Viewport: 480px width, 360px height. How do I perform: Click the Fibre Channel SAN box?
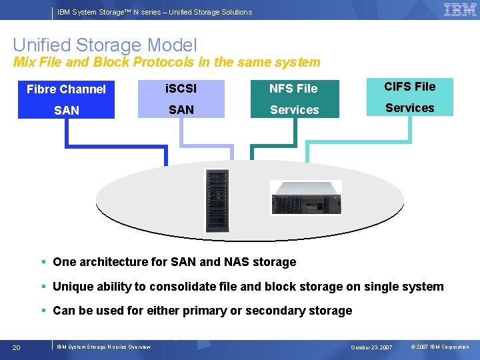(x=66, y=99)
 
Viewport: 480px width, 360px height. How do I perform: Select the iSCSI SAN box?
(x=181, y=99)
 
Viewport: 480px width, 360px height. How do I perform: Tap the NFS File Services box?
(x=294, y=99)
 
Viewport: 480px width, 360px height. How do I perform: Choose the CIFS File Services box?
(x=409, y=97)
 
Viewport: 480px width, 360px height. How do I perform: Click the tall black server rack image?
(x=217, y=201)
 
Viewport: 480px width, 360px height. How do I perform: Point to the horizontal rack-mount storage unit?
(x=305, y=198)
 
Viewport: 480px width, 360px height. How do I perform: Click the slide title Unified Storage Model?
(x=105, y=45)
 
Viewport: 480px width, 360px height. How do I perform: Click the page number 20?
(x=17, y=347)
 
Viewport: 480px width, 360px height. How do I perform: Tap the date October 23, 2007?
(x=372, y=347)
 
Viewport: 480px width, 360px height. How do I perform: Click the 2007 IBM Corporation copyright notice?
(x=439, y=347)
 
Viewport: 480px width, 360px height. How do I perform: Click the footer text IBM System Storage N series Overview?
(x=103, y=347)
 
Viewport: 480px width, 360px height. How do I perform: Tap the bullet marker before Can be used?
(x=42, y=311)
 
